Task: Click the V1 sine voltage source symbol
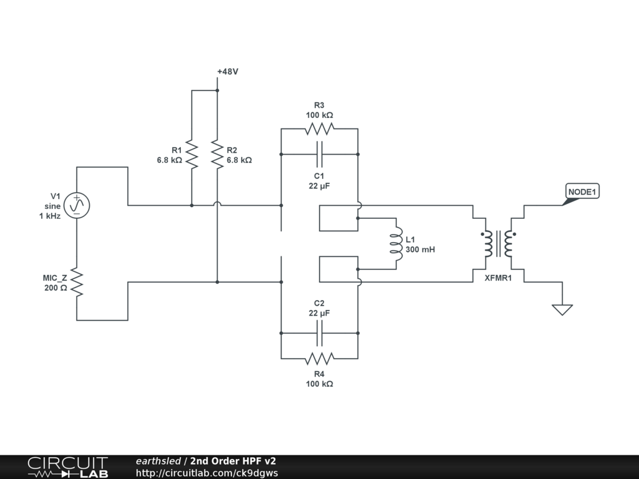[x=77, y=205]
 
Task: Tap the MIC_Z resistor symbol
[x=77, y=283]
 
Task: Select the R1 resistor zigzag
[x=192, y=155]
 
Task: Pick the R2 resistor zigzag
[x=217, y=155]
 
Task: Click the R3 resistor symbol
[x=319, y=128]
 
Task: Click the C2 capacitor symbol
[x=319, y=334]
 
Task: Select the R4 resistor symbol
[x=319, y=359]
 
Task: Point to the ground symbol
[x=562, y=309]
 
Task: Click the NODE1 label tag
[x=582, y=192]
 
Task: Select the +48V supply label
[x=228, y=72]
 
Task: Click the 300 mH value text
[x=420, y=249]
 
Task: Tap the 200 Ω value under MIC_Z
[x=55, y=289]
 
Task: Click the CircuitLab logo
[x=67, y=467]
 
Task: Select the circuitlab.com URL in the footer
[x=207, y=473]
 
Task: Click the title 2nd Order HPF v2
[x=233, y=461]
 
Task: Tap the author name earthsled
[x=158, y=461]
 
